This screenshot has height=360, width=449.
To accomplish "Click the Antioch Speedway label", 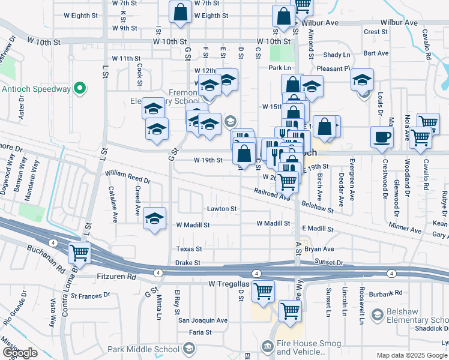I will coord(36,89).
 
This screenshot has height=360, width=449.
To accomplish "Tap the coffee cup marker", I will coord(382,137).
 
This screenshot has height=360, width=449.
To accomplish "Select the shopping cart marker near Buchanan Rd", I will coord(79,253).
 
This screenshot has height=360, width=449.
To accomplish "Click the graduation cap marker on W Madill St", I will coord(154,218).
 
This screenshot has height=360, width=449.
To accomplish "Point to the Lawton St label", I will coord(222,209).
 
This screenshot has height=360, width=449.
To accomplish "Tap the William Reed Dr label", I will coord(127,176).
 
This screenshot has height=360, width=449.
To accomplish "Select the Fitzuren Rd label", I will coord(116,277).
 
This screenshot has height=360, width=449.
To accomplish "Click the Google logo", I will coord(20,353).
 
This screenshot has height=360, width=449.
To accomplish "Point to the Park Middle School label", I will coord(144,349).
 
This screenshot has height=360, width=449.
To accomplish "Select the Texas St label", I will coord(189,248).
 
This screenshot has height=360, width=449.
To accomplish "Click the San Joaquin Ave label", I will coord(203,320).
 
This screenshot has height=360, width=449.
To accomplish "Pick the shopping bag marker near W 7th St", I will coord(180,12).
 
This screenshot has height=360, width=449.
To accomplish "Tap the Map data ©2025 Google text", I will coord(412,355).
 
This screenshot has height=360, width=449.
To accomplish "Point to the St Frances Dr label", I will coord(88,295).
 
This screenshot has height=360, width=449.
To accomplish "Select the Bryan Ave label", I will coord(319,248).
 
